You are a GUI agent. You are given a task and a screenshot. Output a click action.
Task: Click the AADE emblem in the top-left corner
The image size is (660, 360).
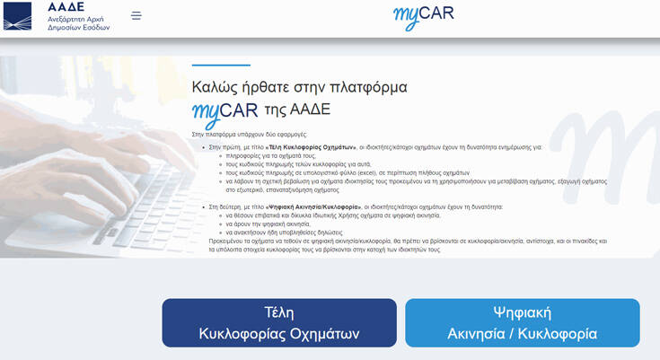tap(18, 16)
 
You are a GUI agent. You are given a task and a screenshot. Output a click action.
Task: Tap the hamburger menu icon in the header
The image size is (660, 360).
tap(136, 15)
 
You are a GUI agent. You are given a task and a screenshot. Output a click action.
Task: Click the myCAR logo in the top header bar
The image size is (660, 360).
tap(423, 16)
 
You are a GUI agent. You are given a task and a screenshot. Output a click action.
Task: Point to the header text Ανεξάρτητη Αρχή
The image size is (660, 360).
tap(78, 17)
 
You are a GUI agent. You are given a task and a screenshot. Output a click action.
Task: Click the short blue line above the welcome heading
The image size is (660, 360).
tap(221, 65)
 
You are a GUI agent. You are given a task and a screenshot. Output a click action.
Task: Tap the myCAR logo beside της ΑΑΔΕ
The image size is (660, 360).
tap(224, 112)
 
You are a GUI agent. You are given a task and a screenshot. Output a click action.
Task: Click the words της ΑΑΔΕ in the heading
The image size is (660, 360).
tap(297, 110)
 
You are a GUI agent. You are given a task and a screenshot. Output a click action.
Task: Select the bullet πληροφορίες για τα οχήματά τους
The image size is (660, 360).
tap(270, 154)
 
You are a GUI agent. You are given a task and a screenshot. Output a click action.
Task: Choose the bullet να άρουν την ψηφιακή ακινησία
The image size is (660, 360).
tap(268, 224)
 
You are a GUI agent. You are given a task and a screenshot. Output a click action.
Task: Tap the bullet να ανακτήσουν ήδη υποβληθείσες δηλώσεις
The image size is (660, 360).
tap(285, 232)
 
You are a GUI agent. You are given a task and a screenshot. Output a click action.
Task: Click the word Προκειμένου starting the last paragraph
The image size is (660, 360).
tap(226, 241)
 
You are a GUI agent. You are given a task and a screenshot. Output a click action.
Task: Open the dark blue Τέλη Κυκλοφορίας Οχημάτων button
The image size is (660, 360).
tap(279, 322)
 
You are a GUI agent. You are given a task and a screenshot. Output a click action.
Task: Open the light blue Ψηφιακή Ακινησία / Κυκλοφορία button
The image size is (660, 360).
tap(522, 322)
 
